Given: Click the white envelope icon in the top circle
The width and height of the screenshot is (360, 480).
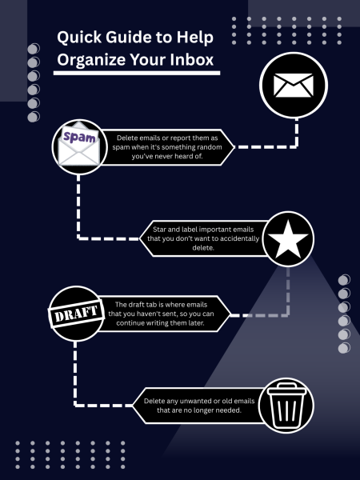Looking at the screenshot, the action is (294, 85).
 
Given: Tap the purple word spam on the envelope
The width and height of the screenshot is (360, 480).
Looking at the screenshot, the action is (79, 137).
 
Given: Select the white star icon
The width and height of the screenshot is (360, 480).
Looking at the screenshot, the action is (288, 239).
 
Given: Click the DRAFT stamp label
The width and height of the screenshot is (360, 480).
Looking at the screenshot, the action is (76, 314).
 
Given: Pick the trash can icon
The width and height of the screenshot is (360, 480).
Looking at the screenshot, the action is (286, 406).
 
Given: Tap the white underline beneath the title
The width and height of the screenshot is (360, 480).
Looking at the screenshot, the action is (137, 73).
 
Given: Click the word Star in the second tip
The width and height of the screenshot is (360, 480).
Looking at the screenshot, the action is (159, 230).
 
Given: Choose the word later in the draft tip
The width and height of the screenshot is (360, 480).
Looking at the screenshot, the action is (196, 323).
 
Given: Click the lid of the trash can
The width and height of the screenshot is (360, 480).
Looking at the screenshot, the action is (286, 388).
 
